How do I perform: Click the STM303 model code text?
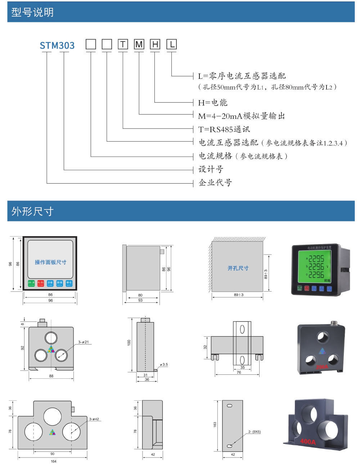click(57, 46)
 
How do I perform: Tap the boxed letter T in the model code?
click(123, 44)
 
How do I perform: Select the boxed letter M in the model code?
click(139, 44)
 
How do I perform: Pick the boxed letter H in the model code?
click(155, 44)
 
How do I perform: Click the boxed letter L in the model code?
click(172, 44)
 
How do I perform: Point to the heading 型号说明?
click(32, 12)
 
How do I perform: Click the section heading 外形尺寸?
click(32, 211)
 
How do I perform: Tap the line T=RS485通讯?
click(224, 129)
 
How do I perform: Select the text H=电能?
click(213, 103)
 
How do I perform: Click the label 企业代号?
click(215, 183)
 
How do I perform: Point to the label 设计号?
click(211, 169)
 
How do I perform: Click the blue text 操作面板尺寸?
click(50, 262)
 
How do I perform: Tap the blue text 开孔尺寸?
click(238, 268)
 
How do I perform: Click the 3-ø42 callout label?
click(94, 419)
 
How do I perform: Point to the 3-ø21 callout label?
click(84, 342)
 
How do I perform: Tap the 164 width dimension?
click(53, 461)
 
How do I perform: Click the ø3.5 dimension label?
click(164, 364)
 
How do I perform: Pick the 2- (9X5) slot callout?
click(254, 431)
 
